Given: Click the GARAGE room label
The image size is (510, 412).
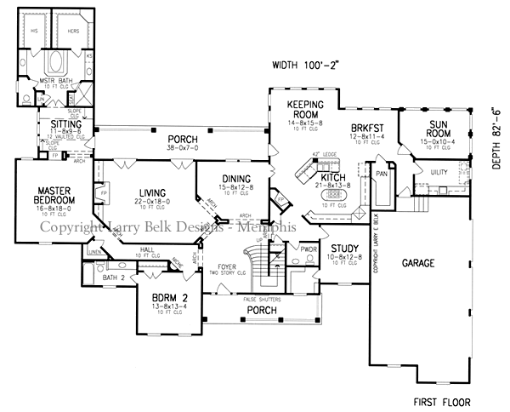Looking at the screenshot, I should click(418, 264).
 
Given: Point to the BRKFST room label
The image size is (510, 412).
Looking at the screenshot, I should click(369, 127).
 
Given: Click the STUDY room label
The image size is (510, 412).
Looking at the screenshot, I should click(340, 248).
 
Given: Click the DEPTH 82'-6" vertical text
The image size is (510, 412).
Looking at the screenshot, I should click(497, 138).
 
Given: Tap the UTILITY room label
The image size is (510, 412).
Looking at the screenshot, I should click(439, 172).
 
